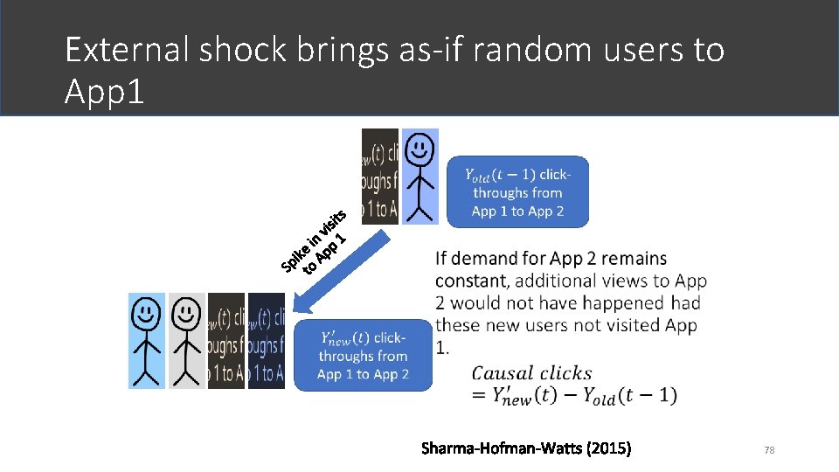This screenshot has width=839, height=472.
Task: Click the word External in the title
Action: click(x=126, y=51)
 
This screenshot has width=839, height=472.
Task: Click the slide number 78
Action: click(x=770, y=450)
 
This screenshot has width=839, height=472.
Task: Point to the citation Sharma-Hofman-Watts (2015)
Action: click(x=525, y=449)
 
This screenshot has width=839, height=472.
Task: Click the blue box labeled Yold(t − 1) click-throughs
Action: click(x=517, y=192)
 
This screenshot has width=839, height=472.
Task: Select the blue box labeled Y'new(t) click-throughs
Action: click(x=363, y=355)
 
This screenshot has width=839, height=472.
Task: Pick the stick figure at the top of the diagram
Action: click(x=420, y=176)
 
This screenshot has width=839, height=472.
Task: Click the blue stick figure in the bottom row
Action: click(x=146, y=340)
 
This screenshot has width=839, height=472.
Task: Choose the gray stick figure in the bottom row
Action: click(x=186, y=340)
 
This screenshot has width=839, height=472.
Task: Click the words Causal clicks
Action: click(x=531, y=373)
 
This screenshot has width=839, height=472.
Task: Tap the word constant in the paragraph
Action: click(x=473, y=281)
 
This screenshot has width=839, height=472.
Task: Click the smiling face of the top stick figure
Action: click(x=420, y=145)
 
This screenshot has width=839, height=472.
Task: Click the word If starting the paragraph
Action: click(x=441, y=259)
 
